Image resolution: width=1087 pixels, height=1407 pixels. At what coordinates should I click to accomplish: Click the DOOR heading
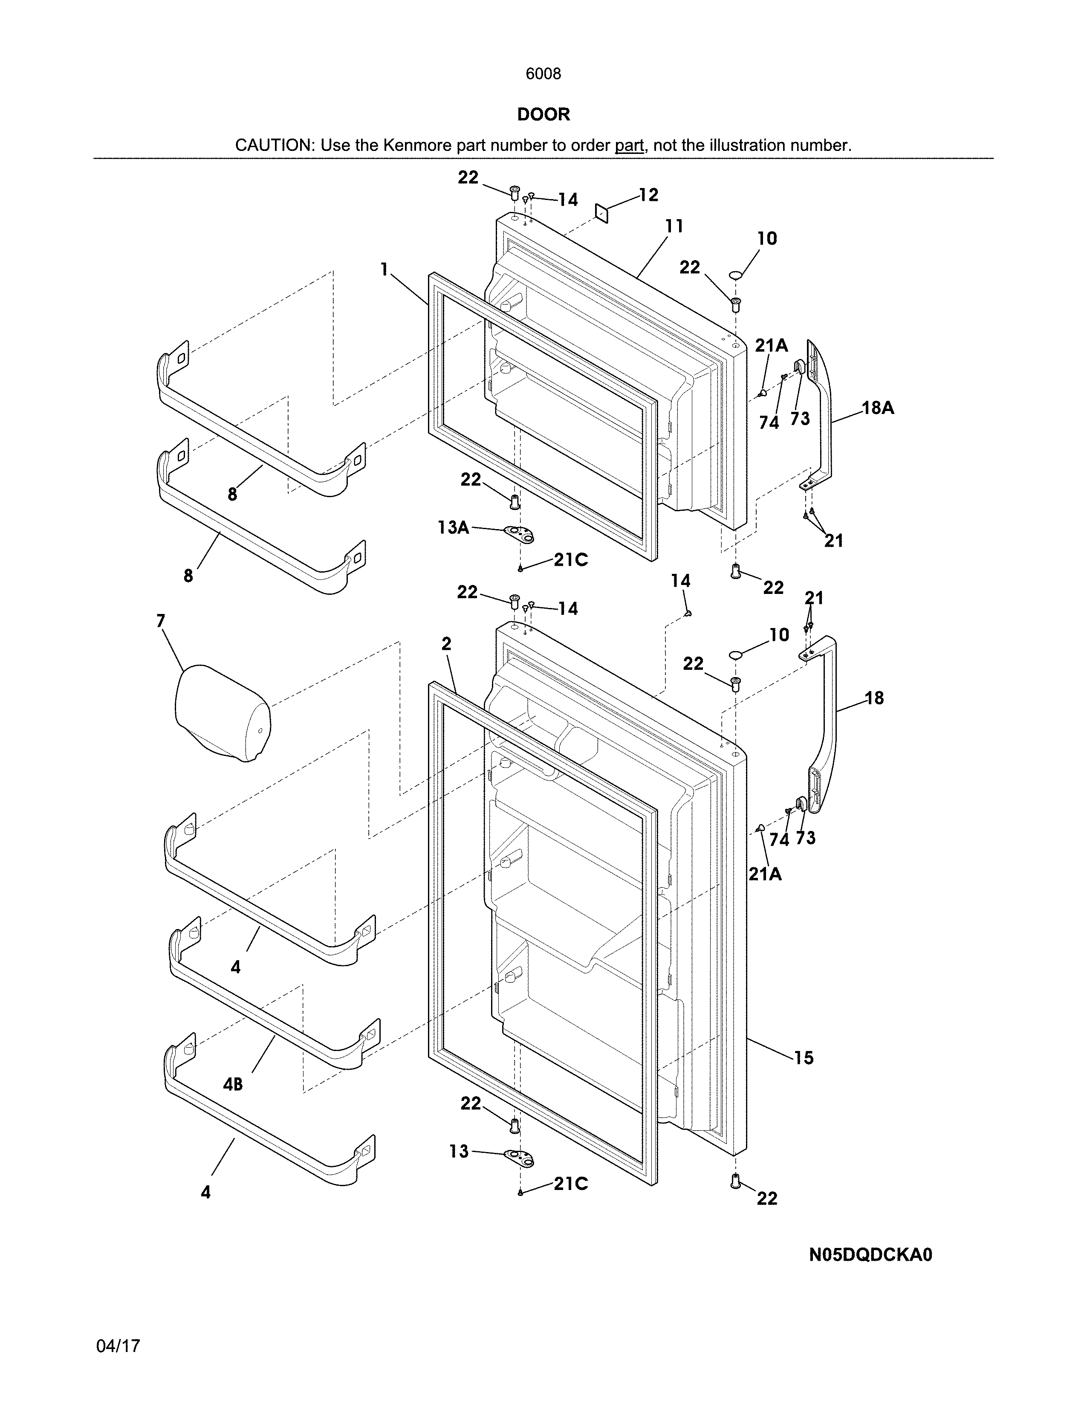[x=543, y=115]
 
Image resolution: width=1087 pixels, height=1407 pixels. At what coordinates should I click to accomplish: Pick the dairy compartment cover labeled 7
[x=222, y=714]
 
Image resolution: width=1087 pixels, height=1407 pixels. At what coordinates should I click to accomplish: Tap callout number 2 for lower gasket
[x=446, y=643]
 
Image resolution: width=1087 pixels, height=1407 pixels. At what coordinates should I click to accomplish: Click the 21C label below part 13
[x=570, y=1184]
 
